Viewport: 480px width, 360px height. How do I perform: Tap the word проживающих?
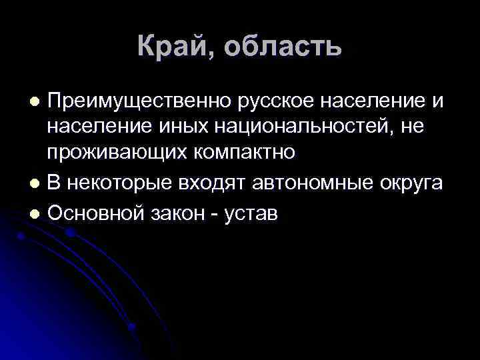[117, 152]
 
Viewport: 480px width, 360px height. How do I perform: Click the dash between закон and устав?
[221, 213]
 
